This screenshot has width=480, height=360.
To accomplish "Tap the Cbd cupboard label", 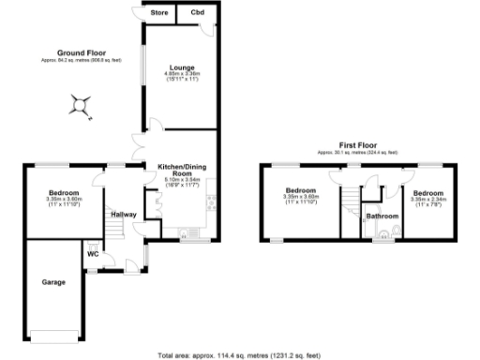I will click(x=197, y=13).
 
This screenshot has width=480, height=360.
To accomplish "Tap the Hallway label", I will click(x=124, y=215).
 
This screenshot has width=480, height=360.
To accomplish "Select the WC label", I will click(x=94, y=253).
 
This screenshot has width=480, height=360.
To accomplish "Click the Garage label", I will click(x=52, y=281).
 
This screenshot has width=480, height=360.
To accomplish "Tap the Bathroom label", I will click(x=382, y=217).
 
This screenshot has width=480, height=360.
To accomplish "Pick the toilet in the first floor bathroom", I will click(x=400, y=229).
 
